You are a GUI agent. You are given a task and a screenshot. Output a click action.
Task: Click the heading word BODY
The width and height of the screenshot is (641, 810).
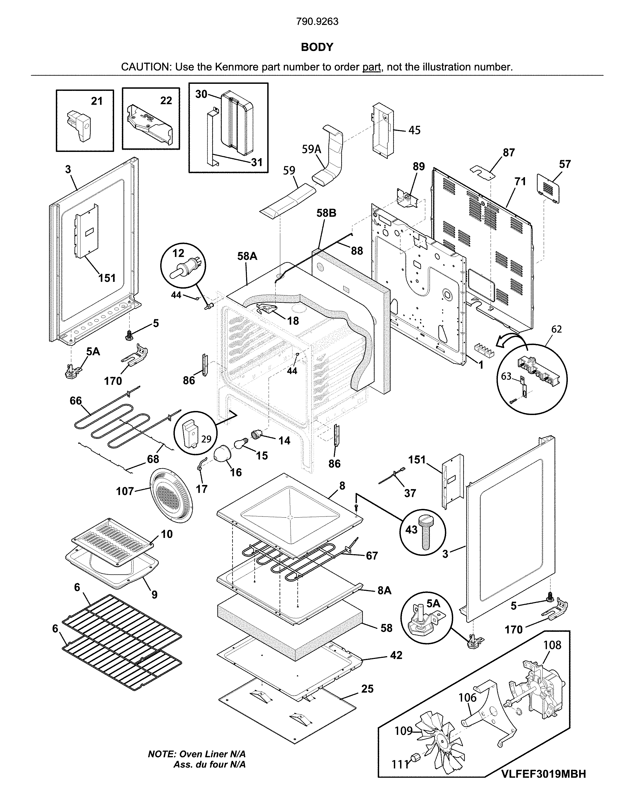click(317, 47)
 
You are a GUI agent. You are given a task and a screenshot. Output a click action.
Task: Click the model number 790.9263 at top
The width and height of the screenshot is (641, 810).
click(317, 22)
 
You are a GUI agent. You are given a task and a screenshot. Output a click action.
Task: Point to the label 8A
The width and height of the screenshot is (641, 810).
click(384, 591)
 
